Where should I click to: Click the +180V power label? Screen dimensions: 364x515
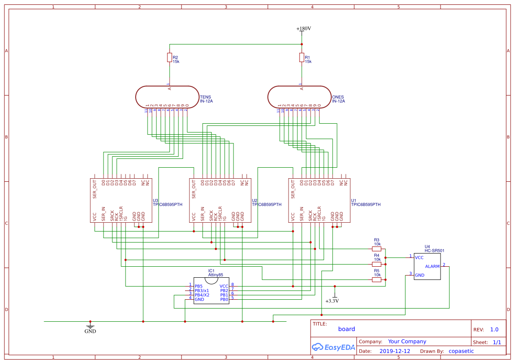[x=304, y=29]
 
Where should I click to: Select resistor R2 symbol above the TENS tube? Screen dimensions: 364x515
[x=170, y=58]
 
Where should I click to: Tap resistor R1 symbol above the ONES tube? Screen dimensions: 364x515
[x=302, y=58]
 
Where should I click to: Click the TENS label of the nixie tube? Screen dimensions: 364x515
[x=205, y=97]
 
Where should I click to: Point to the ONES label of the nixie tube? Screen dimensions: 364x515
[x=337, y=97]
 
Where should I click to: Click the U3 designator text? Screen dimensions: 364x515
[x=155, y=200]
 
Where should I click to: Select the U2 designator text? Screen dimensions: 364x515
[x=254, y=200]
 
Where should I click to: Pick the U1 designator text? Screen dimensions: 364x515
[x=353, y=200]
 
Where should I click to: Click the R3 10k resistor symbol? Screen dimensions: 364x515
[x=377, y=249]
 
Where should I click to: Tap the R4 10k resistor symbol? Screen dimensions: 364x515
[x=377, y=264]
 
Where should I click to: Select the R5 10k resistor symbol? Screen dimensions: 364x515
[x=377, y=279]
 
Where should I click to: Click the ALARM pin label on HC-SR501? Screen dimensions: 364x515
[x=432, y=266]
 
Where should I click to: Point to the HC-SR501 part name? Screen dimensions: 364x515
[x=434, y=251]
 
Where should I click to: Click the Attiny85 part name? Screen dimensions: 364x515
[x=216, y=275]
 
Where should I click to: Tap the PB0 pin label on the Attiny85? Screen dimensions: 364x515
[x=224, y=299]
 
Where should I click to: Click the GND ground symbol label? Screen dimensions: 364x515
[x=90, y=331]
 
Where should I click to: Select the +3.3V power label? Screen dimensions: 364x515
[x=332, y=301]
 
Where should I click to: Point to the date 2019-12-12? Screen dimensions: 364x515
[x=394, y=351]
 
